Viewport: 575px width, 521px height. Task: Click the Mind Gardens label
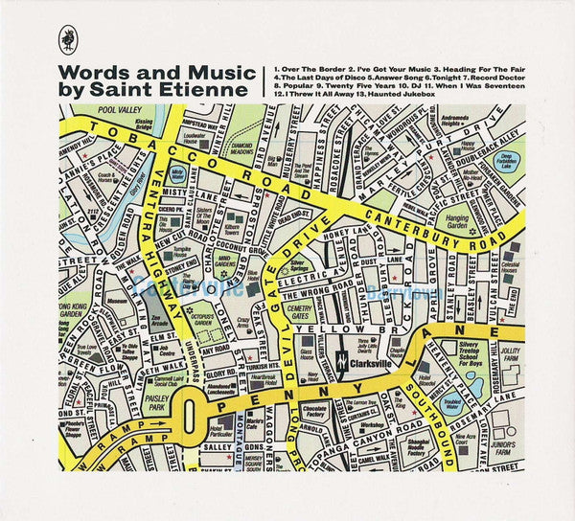coord(227,259)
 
